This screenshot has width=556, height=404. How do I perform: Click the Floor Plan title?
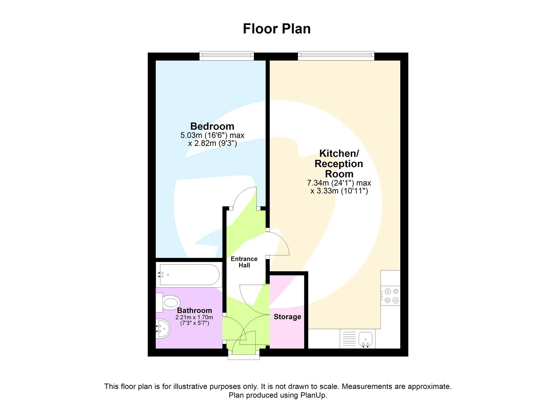click(x=277, y=29)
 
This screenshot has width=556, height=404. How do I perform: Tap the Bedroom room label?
click(x=212, y=126)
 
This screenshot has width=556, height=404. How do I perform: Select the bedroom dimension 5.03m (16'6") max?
click(x=212, y=135)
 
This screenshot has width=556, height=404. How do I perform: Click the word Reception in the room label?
click(x=339, y=164)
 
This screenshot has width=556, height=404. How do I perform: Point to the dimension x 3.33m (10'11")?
click(x=339, y=191)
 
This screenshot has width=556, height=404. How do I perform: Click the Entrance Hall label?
click(x=244, y=262)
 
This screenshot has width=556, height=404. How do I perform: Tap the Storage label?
click(x=287, y=317)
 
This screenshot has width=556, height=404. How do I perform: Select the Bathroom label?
click(x=194, y=311)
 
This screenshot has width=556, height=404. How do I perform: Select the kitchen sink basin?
click(x=365, y=338)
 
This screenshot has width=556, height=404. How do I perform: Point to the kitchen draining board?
click(x=349, y=339)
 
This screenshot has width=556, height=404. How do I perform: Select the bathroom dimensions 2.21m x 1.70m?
click(x=194, y=318)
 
